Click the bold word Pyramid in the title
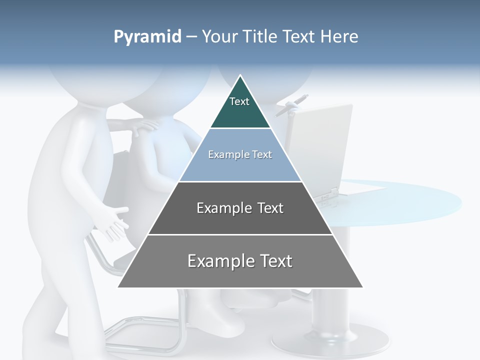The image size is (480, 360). (x=147, y=37)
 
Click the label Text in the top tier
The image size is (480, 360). (x=239, y=101)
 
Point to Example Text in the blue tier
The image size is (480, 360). (x=240, y=154)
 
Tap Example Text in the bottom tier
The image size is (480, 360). (x=240, y=261)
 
